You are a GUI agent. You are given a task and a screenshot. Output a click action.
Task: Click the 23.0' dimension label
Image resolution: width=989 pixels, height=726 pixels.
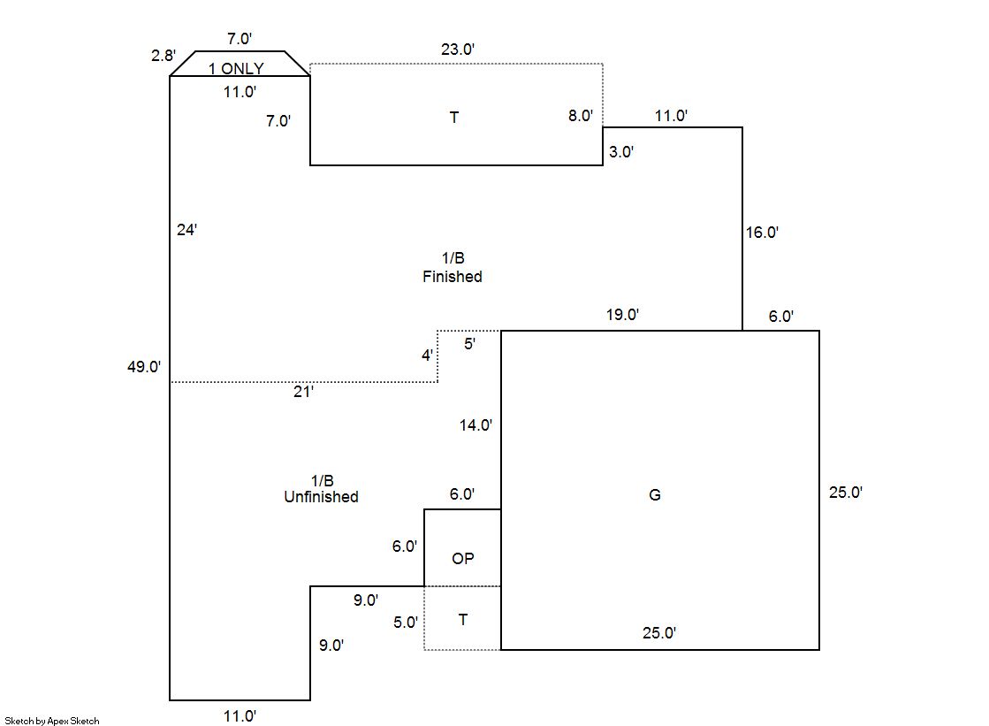click(x=458, y=50)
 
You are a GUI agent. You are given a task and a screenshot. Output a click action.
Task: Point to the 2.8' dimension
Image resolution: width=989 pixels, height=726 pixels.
click(x=163, y=56)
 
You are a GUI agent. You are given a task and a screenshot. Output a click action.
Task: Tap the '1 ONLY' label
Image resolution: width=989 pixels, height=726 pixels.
click(x=236, y=69)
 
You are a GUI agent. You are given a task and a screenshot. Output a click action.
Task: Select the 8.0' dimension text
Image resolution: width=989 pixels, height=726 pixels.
click(x=580, y=116)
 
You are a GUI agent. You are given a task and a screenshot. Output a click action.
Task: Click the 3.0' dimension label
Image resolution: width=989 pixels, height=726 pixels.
click(x=621, y=151)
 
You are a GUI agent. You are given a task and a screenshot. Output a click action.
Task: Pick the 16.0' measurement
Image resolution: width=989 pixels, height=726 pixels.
click(x=761, y=233)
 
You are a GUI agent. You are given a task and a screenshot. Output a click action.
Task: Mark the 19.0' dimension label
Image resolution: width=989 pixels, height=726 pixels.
click(x=621, y=314)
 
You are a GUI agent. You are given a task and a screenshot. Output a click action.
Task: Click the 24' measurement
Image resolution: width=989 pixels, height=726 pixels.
click(x=186, y=230)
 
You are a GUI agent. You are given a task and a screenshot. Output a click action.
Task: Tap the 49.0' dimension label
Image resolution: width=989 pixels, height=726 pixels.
click(x=144, y=367)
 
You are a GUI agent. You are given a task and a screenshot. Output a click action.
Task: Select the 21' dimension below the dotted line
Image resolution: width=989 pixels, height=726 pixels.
click(x=303, y=392)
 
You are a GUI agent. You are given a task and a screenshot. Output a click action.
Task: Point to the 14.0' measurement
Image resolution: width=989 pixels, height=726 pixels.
click(x=475, y=425)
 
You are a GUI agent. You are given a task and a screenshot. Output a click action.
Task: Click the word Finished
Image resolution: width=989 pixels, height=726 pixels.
click(x=453, y=277)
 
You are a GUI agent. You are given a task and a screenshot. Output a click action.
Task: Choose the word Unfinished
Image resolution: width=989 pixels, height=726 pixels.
click(x=321, y=497)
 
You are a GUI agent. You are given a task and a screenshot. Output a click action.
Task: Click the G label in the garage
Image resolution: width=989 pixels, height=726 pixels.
click(x=655, y=495)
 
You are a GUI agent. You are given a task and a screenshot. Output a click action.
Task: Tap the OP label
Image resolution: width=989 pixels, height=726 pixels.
click(x=462, y=559)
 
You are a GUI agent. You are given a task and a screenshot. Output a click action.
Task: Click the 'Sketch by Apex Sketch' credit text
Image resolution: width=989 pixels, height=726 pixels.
click(x=52, y=721)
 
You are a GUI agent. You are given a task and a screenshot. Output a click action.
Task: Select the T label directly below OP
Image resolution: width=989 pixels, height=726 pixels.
click(x=463, y=620)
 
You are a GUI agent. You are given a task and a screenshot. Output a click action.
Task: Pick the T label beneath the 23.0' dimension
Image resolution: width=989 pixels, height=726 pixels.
click(x=454, y=118)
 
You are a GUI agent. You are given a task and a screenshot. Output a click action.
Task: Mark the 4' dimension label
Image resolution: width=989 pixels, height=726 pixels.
click(x=426, y=355)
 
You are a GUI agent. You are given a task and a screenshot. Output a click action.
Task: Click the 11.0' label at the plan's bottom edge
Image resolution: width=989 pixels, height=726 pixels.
click(x=239, y=715)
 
